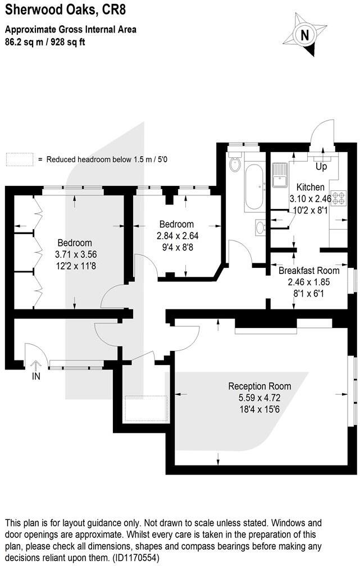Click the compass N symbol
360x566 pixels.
pyautogui.click(x=305, y=34)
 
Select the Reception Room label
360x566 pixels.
pyautogui.click(x=259, y=386)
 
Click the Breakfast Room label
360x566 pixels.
pyautogui.click(x=309, y=270)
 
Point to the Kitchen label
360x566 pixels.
pyautogui.click(x=311, y=188)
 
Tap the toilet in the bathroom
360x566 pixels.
pyautogui.click(x=235, y=163)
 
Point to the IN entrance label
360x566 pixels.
pyautogui.click(x=36, y=377)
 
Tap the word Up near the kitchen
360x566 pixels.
pyautogui.click(x=322, y=167)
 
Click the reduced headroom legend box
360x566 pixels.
pyautogui.click(x=19, y=159)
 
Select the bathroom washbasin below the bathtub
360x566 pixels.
pyautogui.click(x=259, y=227)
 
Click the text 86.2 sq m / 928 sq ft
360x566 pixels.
pyautogui.click(x=45, y=41)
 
